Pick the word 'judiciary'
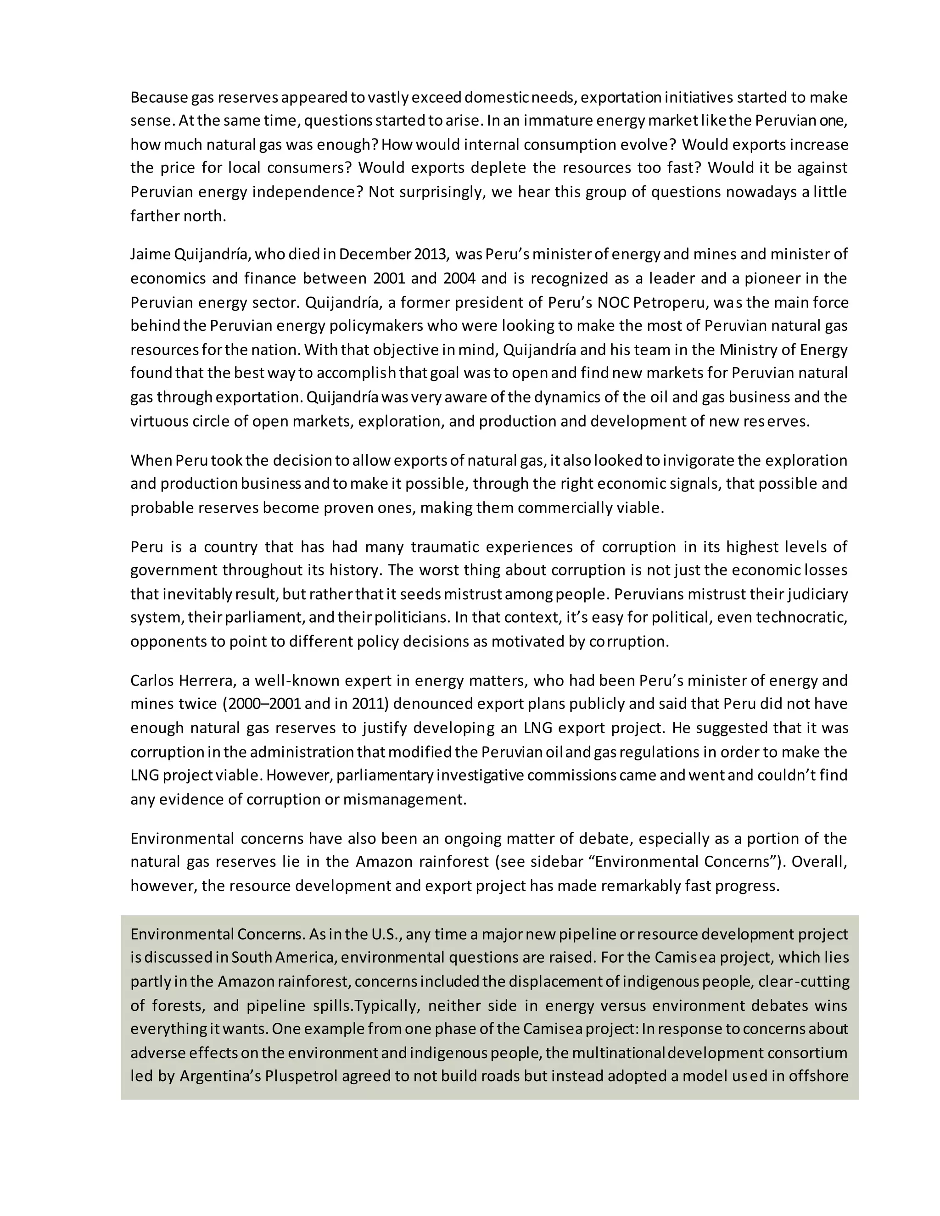(817, 594)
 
